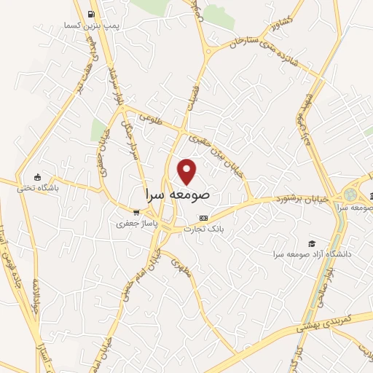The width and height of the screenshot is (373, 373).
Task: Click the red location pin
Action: [188, 172]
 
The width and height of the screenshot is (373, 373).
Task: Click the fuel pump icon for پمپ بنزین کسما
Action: [90, 14]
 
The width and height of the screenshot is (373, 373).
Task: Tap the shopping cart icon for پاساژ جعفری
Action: [136, 212]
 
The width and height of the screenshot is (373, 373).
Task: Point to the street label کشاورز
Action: [281, 23]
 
